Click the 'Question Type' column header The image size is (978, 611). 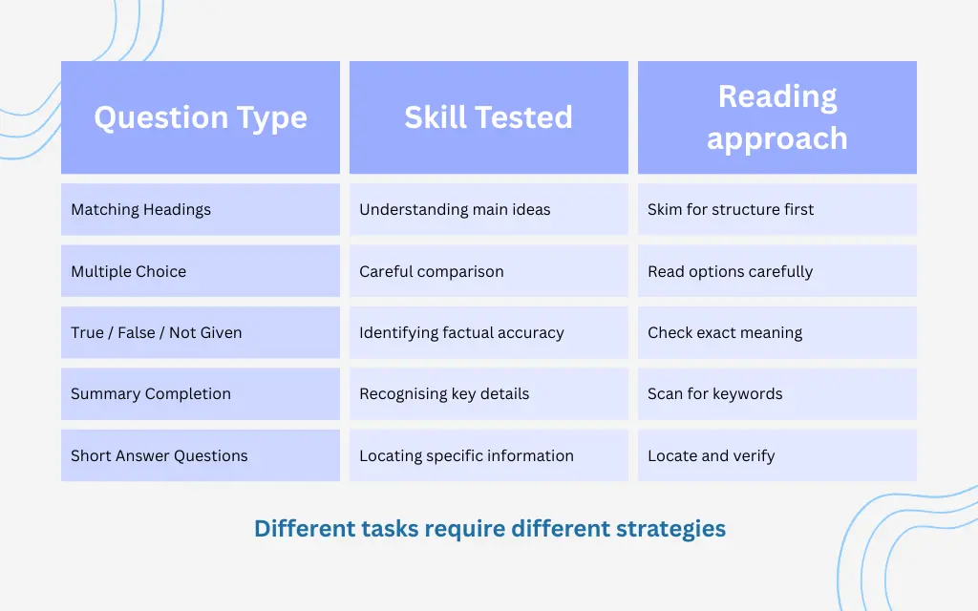coord(201,117)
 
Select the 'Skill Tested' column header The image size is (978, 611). coord(488,117)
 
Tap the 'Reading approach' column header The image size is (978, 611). coord(776,117)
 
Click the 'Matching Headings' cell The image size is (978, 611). coord(201,209)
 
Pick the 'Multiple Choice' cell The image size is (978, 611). coord(201,271)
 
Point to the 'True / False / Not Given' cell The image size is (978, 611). coord(201,332)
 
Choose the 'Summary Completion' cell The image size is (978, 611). coord(201,393)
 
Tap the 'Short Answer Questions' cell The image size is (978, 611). coord(201,455)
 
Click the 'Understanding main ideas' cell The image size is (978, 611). coord(488,209)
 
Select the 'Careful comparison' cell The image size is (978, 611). coord(488,271)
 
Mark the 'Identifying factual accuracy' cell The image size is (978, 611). coord(488,332)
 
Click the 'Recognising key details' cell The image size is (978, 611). coord(488,393)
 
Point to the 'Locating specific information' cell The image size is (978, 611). coord(488,455)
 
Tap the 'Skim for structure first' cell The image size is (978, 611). coord(776,209)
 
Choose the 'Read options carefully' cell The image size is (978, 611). coord(776,271)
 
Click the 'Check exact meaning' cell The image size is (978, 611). coord(776,332)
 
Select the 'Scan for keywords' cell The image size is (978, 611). coord(776,393)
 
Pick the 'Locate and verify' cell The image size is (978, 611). coord(776,455)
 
